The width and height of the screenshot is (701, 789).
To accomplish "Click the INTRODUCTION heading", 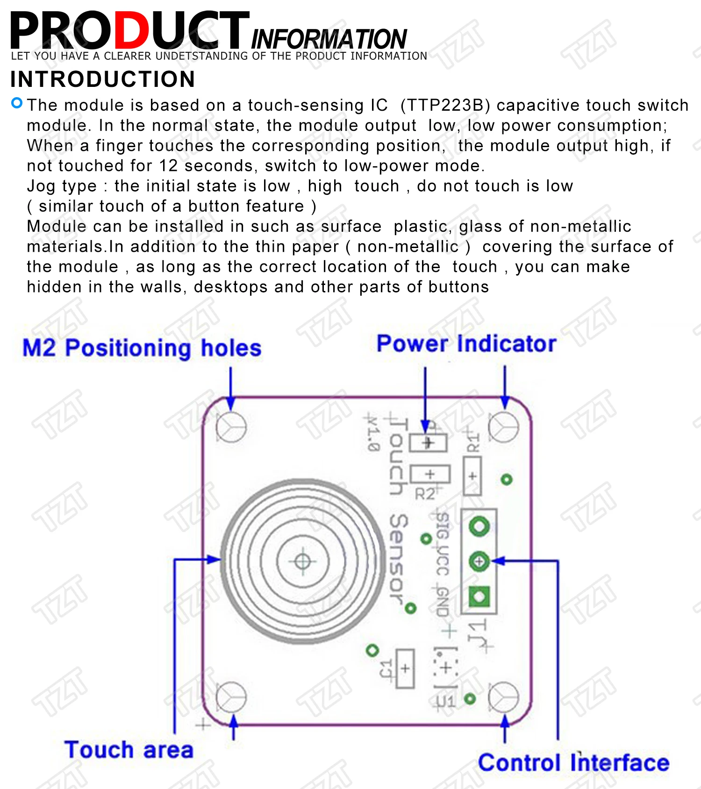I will (103, 79).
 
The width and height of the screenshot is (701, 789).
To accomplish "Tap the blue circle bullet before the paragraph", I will (17, 103).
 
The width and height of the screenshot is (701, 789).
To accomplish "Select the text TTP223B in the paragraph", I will (445, 106).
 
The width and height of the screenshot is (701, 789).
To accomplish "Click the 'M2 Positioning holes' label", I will (142, 348).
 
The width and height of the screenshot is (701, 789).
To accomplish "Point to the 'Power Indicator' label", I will (466, 344).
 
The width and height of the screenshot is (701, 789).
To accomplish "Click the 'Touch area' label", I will (129, 750).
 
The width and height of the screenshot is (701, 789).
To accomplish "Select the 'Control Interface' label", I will (573, 762).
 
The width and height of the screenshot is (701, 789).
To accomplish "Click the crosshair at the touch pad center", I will (303, 561).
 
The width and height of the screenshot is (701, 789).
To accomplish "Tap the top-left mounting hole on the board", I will (231, 427).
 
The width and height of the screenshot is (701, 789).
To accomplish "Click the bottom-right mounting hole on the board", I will (503, 697).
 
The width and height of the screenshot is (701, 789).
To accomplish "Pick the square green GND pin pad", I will (479, 596).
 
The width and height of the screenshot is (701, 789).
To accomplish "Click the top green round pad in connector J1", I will (479, 527).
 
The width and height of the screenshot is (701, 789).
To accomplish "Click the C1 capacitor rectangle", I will (405, 668).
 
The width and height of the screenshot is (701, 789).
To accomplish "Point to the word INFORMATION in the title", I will (329, 39).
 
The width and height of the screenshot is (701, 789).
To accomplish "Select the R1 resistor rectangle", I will (472, 476).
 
